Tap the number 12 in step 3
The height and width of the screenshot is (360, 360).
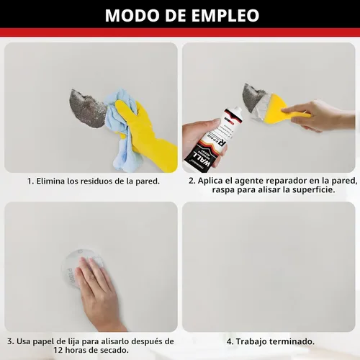(58, 350)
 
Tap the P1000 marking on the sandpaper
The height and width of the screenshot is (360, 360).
(71, 276)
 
